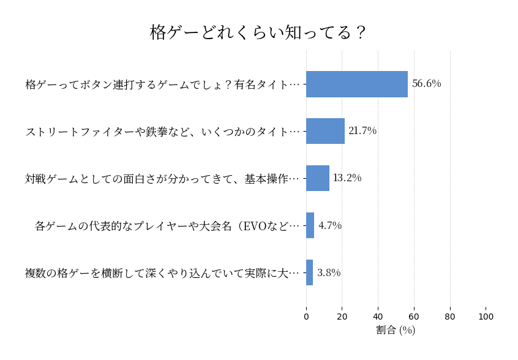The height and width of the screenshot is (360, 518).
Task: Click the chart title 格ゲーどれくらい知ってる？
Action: [258, 32]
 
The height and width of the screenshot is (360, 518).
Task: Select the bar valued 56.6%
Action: [357, 84]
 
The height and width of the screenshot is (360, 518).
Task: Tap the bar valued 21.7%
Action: [325, 131]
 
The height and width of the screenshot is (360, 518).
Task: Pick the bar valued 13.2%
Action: [318, 178]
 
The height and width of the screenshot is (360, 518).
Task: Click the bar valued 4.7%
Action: [310, 225]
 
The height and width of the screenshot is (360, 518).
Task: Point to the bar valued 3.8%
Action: [310, 272]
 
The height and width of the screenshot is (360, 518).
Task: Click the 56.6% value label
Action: [426, 84]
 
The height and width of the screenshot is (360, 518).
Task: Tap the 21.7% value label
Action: [362, 131]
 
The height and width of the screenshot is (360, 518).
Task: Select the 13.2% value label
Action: [347, 178]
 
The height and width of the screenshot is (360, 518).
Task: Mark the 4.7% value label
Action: [330, 225]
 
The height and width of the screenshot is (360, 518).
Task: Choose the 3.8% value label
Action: [329, 272]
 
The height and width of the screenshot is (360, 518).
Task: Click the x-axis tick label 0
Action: [306, 317]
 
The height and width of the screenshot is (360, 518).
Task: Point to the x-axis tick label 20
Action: [342, 317]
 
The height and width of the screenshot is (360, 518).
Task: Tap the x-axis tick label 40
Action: [378, 317]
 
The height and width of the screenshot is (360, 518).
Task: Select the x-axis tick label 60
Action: [414, 317]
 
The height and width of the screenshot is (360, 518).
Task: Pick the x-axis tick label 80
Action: [450, 317]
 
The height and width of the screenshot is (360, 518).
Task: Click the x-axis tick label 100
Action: [486, 317]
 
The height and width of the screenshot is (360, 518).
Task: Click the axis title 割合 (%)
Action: [396, 330]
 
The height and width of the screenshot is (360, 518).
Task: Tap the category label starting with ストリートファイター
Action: [162, 131]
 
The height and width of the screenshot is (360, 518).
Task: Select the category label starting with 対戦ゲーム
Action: [162, 178]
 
